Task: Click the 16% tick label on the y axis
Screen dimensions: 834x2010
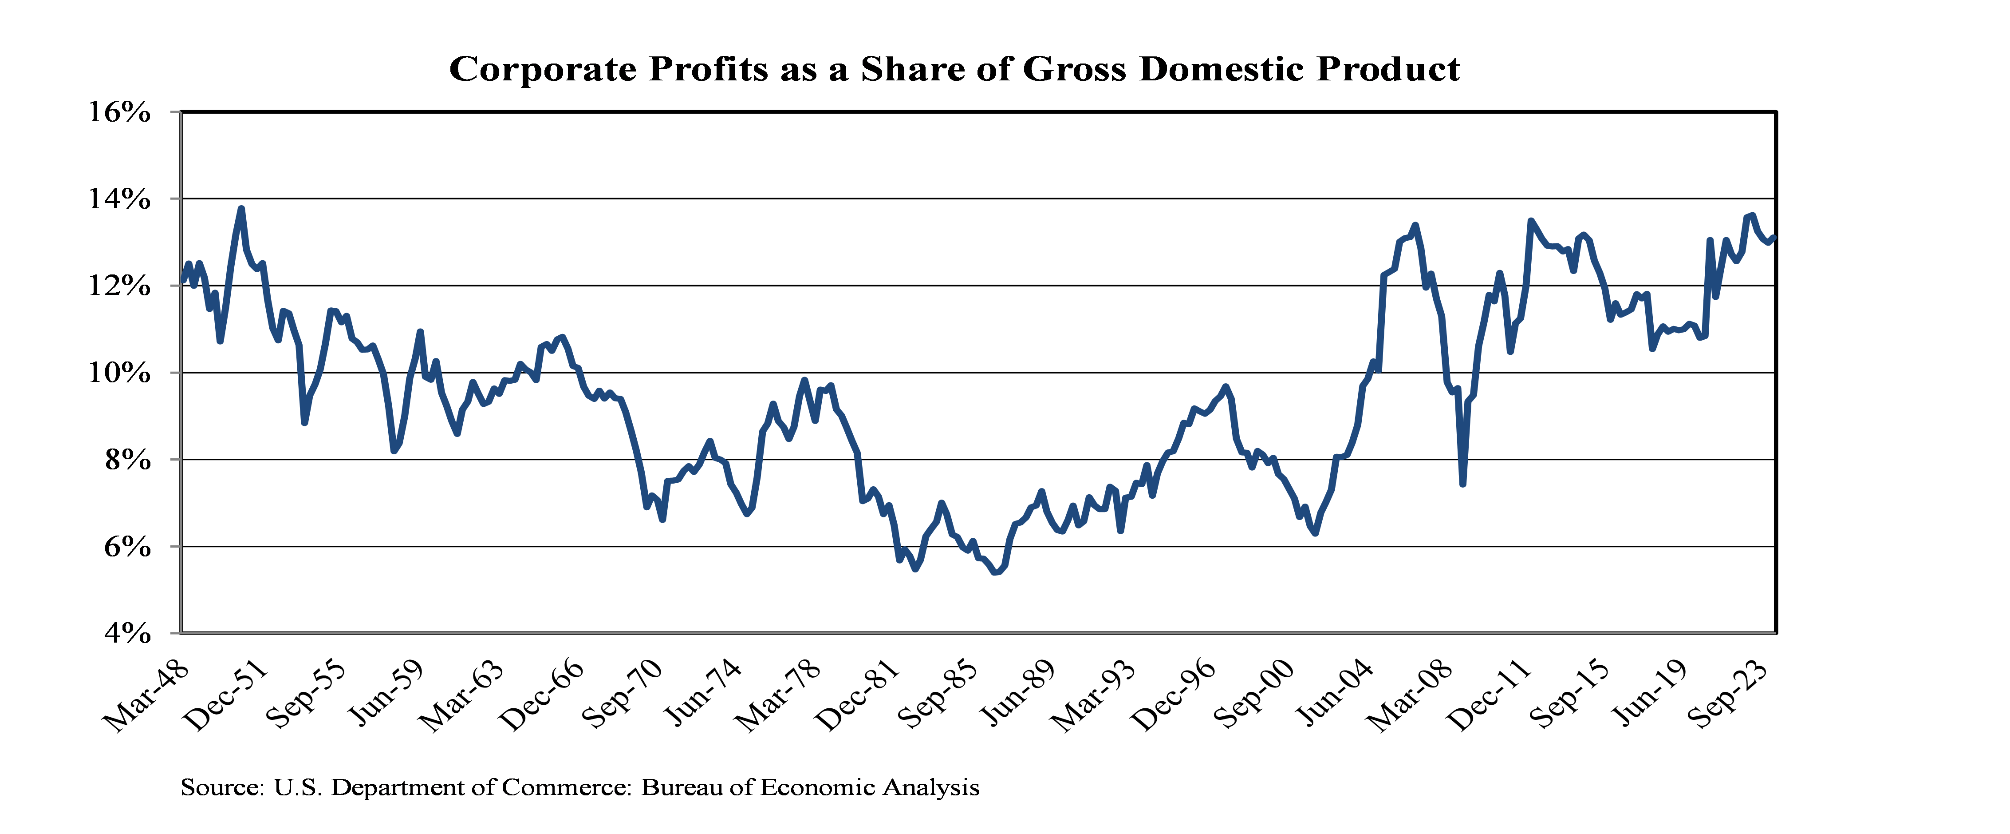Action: [x=118, y=112]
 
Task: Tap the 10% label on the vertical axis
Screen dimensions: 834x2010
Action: [x=118, y=373]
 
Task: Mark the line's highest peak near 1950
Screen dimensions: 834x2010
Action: [x=241, y=209]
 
